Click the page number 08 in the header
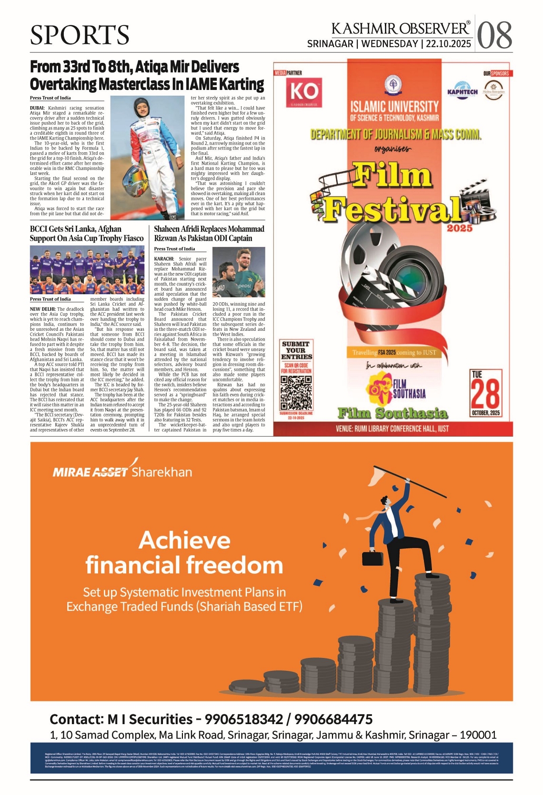click(x=494, y=35)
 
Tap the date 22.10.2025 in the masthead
click(x=448, y=44)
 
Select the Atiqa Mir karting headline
click(x=147, y=75)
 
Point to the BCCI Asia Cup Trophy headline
click(x=87, y=234)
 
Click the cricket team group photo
click(x=87, y=270)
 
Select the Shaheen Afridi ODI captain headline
click(x=209, y=234)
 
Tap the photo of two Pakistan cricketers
click(x=239, y=272)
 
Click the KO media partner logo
click(x=304, y=91)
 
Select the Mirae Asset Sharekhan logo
click(x=122, y=471)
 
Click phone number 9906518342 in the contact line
click(x=243, y=719)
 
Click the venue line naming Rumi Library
click(x=392, y=428)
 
